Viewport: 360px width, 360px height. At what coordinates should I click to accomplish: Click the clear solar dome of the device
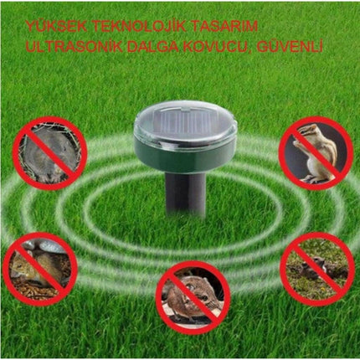(185, 120)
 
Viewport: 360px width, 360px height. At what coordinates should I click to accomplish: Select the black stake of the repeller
(185, 193)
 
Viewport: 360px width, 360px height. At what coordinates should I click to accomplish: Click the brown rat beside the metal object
(35, 268)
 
